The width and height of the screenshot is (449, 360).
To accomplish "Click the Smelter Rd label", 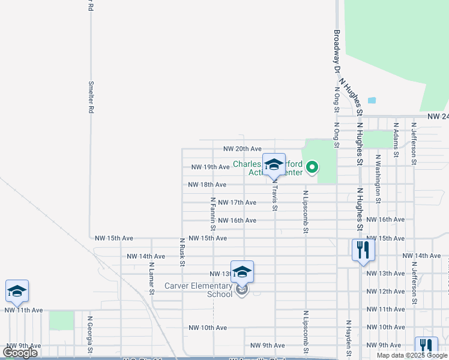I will pyautogui.click(x=91, y=98).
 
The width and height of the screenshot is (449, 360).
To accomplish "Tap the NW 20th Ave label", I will pyautogui.click(x=243, y=149).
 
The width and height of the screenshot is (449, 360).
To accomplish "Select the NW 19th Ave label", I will pyautogui.click(x=210, y=167).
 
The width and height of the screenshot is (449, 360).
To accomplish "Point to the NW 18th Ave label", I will pyautogui.click(x=207, y=185).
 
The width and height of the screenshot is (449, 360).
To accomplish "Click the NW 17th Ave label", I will pyautogui.click(x=237, y=203).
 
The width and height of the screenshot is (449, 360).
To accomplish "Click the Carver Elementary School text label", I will pyautogui.click(x=198, y=290).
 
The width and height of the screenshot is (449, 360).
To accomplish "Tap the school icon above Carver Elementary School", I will pyautogui.click(x=242, y=272).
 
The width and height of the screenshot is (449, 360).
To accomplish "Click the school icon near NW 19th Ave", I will pyautogui.click(x=274, y=164).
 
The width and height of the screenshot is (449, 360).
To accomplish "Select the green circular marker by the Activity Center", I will pyautogui.click(x=312, y=167).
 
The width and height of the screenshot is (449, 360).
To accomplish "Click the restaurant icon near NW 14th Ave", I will pyautogui.click(x=363, y=250).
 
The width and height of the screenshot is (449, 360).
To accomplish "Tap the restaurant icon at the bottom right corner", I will pyautogui.click(x=426, y=347).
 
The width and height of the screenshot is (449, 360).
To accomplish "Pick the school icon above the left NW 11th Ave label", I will pyautogui.click(x=17, y=292).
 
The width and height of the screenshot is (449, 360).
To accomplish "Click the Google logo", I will pyautogui.click(x=20, y=353).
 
